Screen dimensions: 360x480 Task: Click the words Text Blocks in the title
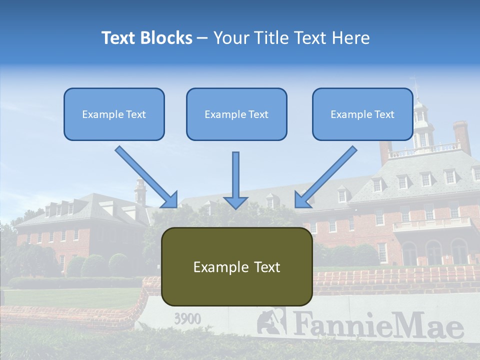pyautogui.click(x=146, y=38)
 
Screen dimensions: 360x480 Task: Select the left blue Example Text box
pyautogui.click(x=114, y=114)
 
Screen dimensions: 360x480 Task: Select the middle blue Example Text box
pyautogui.click(x=236, y=114)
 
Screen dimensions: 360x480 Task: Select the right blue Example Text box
pyautogui.click(x=362, y=114)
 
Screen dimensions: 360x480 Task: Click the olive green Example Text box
pyautogui.click(x=236, y=266)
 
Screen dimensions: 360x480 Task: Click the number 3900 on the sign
pyautogui.click(x=187, y=318)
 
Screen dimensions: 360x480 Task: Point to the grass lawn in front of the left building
pyautogui.click(x=70, y=297)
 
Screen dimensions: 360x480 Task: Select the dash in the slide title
pyautogui.click(x=202, y=38)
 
